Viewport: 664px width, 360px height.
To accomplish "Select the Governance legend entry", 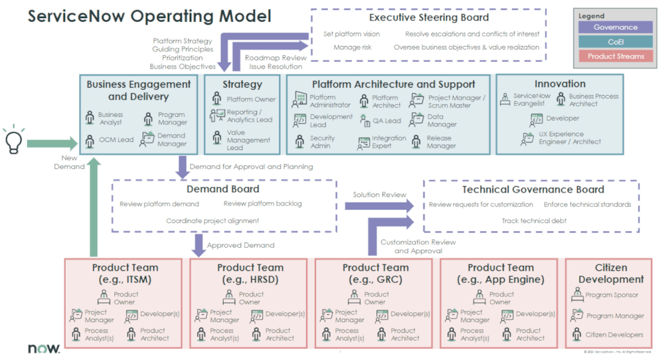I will tap(615, 27).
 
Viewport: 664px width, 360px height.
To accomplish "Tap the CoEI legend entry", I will tap(615, 42).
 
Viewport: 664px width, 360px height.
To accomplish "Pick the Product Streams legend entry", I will tap(615, 56).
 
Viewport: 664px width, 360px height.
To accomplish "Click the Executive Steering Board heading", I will tap(429, 17).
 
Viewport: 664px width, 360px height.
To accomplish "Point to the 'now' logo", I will tap(44, 348).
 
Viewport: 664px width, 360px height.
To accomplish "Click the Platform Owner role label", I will tap(250, 100).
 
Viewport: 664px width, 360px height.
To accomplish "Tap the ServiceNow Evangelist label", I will tap(532, 100).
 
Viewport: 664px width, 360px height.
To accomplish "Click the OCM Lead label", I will tap(116, 139).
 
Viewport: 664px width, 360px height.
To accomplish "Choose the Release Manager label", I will tap(441, 142).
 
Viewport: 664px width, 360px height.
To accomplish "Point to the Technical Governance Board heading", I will tap(533, 189).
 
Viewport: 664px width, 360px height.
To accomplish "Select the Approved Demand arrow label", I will tap(240, 245).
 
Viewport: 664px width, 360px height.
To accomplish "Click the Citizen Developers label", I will tap(614, 335).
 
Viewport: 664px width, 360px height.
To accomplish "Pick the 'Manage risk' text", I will tap(353, 47).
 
